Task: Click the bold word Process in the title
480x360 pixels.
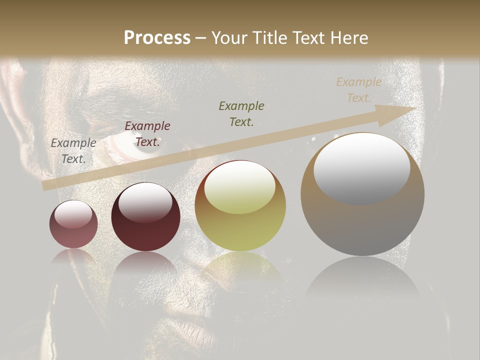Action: click(157, 38)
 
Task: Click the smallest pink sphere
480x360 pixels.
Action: click(73, 224)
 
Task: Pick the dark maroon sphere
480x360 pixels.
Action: click(145, 217)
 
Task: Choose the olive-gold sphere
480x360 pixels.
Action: click(240, 206)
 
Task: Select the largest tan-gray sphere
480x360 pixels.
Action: click(362, 194)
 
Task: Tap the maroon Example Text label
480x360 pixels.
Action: click(147, 134)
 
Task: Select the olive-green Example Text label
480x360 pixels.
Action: click(241, 113)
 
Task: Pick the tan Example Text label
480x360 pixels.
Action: click(358, 89)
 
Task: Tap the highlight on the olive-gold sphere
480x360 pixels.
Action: click(240, 188)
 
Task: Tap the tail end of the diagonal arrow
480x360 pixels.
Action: click(45, 186)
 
